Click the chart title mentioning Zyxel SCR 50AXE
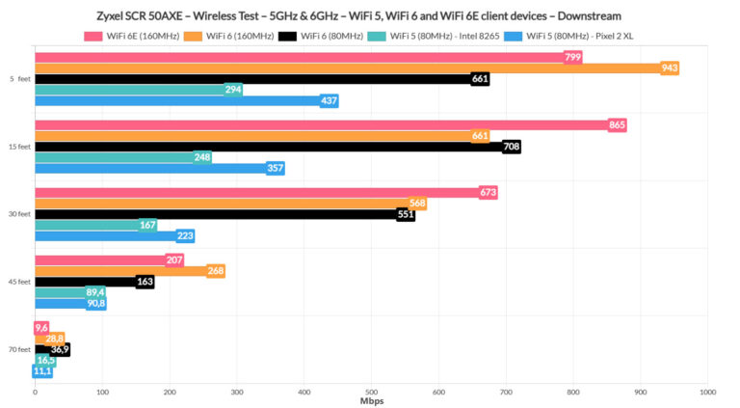(x=370, y=16)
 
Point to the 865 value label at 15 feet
(x=617, y=125)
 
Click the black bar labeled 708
(x=270, y=147)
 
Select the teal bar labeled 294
(x=135, y=90)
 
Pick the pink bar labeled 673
(x=260, y=193)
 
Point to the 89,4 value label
(x=95, y=292)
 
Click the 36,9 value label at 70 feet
(x=60, y=349)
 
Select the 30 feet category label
(x=19, y=214)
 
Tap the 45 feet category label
(x=19, y=282)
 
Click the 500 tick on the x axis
(x=372, y=392)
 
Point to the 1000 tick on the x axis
(x=708, y=392)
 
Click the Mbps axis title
(x=372, y=400)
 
